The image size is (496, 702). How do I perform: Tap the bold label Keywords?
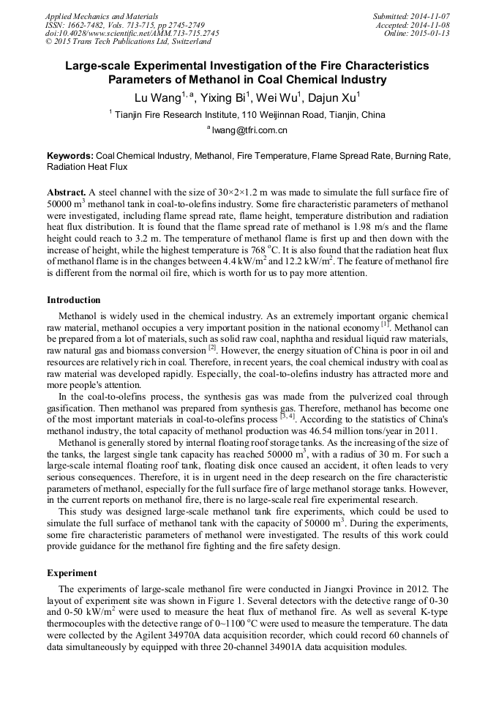point(70,156)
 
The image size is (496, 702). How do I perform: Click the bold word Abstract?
point(66,192)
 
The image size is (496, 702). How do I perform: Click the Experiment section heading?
point(73,572)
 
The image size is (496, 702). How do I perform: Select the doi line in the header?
point(132,33)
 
